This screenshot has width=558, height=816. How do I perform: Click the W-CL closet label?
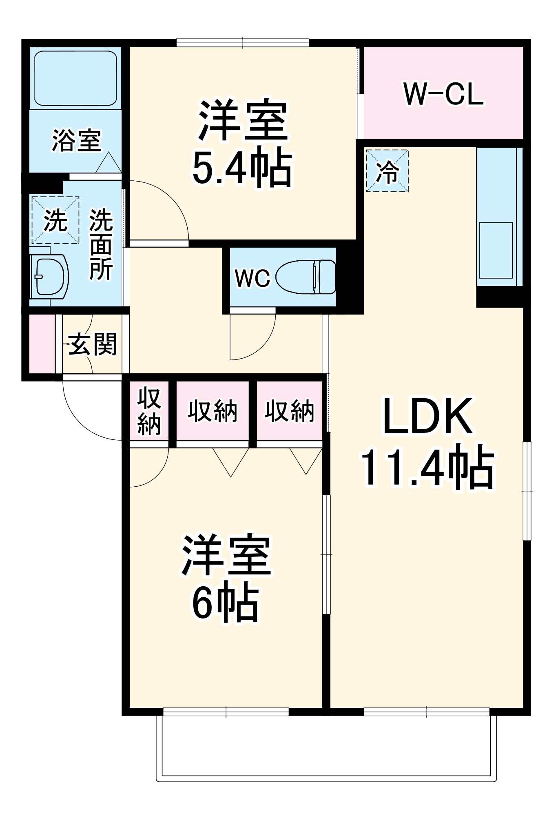[x=443, y=94]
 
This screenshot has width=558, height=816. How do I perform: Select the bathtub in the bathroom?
[x=75, y=78]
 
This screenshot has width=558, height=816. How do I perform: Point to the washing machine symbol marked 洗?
[x=55, y=220]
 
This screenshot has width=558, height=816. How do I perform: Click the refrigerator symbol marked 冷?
[x=387, y=171]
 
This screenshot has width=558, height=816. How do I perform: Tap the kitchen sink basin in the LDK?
[x=496, y=250]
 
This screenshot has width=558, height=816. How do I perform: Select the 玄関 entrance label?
[x=93, y=344]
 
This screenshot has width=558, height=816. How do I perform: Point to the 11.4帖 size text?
[x=427, y=467]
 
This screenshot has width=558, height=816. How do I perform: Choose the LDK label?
[x=427, y=416]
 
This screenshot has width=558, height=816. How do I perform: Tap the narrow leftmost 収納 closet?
[x=149, y=411]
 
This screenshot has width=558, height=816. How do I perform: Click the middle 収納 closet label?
[x=213, y=411]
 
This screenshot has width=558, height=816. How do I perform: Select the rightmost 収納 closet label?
[x=290, y=411]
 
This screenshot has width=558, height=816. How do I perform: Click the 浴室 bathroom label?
[x=76, y=141]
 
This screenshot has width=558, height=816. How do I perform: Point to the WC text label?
[x=252, y=278]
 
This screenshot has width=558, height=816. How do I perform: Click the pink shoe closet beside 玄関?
[x=42, y=344]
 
